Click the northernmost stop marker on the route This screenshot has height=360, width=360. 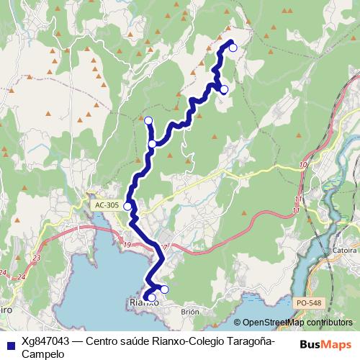click(233, 48)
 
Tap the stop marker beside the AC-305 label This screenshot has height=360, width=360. click(128, 207)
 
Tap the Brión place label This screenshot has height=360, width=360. click(189, 312)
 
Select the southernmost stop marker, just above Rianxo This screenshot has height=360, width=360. click(151, 297)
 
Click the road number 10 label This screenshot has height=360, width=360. click(302, 166)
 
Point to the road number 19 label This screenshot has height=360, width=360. click(127, 246)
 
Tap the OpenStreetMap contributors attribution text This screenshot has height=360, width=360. click(297, 323)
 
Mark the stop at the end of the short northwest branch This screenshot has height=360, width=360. click(148, 120)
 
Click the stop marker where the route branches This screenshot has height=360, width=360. click(153, 144)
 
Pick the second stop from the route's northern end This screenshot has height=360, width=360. click(224, 89)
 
